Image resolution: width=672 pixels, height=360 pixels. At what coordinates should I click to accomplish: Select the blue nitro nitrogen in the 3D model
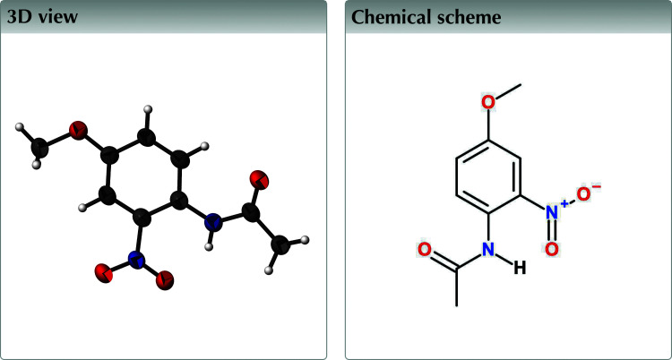click(x=135, y=261)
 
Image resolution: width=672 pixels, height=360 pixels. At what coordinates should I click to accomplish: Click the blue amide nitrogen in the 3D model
click(x=212, y=221)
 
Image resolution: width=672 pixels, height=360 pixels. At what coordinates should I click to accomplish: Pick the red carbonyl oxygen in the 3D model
click(x=260, y=178)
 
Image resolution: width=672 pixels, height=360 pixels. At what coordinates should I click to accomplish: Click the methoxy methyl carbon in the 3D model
click(x=38, y=145)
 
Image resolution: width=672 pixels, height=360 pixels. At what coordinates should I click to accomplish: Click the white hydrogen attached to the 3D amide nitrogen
click(x=209, y=244)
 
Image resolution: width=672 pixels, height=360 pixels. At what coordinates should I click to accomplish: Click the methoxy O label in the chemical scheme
click(x=487, y=101)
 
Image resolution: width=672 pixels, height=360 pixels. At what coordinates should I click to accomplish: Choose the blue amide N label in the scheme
click(x=487, y=249)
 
